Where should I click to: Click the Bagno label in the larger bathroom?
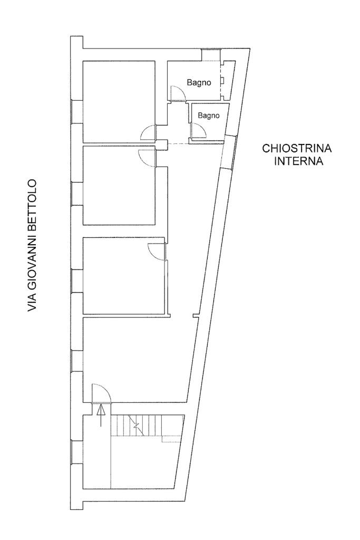coord(199,83)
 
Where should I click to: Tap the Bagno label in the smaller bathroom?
coord(208,115)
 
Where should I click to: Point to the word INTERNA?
coord(298,161)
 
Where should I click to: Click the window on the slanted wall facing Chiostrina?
coord(228,152)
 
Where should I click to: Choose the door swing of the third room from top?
coord(157,251)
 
